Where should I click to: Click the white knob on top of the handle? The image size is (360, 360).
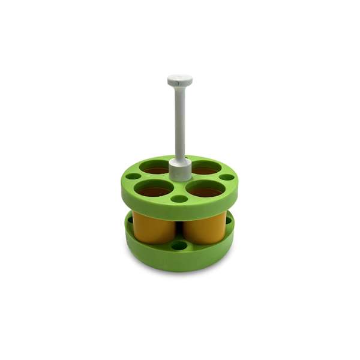179,79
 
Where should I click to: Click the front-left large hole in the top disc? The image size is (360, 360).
154,190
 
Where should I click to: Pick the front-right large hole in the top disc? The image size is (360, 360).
205,190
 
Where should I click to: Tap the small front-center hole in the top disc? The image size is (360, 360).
179,199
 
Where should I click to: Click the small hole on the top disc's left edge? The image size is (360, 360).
134,177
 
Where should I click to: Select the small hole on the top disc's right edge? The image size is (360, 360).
226,177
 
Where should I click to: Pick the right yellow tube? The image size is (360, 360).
204,227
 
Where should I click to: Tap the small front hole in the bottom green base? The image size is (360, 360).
179,246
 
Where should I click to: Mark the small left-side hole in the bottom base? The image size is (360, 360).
130,221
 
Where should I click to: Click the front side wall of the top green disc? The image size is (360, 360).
180,209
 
